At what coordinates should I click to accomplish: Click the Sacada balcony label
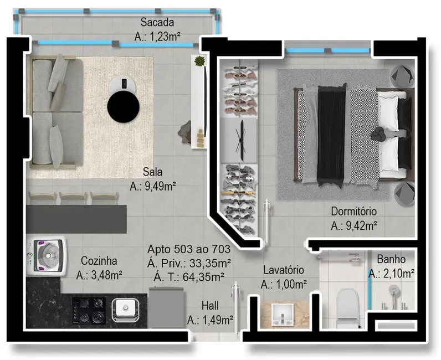pos(158,23)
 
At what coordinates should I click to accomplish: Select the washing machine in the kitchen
pos(47,255)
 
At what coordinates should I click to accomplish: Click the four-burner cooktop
pos(89,310)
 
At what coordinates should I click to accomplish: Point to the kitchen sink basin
pos(126,308)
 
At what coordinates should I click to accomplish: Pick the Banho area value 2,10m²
pos(392,274)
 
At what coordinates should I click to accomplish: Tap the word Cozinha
pos(98,261)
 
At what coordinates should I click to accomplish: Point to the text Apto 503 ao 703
pos(189,250)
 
